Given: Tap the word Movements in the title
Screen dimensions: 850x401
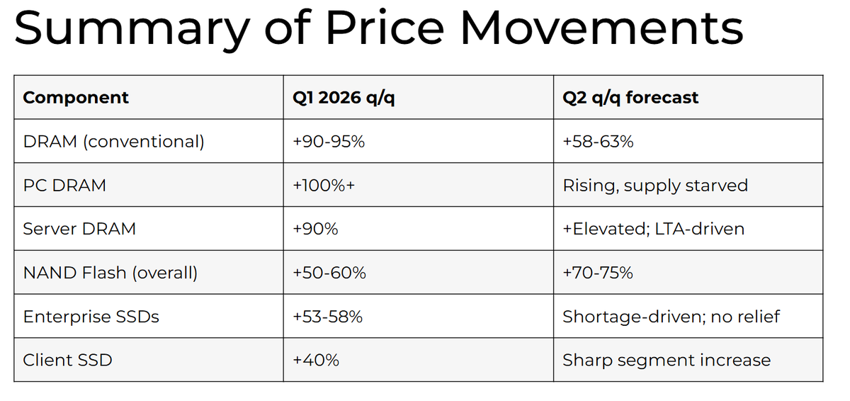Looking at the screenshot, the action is click(601, 28).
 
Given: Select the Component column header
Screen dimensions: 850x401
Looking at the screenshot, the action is click(76, 98).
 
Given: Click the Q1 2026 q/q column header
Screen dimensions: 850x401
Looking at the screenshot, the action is click(344, 98).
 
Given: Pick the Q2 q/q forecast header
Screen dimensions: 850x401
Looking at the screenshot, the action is click(630, 98).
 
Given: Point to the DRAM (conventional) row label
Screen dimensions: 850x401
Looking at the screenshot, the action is click(113, 142).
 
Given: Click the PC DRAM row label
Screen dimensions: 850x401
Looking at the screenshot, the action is click(64, 186).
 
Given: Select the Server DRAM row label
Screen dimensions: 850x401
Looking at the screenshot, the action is click(79, 229).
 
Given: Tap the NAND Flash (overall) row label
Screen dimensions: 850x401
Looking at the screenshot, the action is click(110, 273).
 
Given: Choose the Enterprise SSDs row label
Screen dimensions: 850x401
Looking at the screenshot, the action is click(91, 317).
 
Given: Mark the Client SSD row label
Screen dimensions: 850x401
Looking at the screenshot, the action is click(67, 361).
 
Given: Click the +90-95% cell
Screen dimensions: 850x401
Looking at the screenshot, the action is click(329, 142).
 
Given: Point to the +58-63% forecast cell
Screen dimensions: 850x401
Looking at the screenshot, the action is click(598, 142).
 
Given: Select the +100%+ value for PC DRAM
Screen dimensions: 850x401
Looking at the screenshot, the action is click(324, 186).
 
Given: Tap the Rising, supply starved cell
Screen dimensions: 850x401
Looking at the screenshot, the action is click(655, 186).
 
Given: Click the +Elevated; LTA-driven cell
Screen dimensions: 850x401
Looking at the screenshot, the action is click(653, 229).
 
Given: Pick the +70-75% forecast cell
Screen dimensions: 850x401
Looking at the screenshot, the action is click(598, 273).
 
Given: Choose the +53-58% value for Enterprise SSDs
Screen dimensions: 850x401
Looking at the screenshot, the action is click(327, 317).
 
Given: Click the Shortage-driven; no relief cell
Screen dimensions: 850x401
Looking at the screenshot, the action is click(671, 317).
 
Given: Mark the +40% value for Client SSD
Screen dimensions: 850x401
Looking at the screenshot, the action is click(316, 361).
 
